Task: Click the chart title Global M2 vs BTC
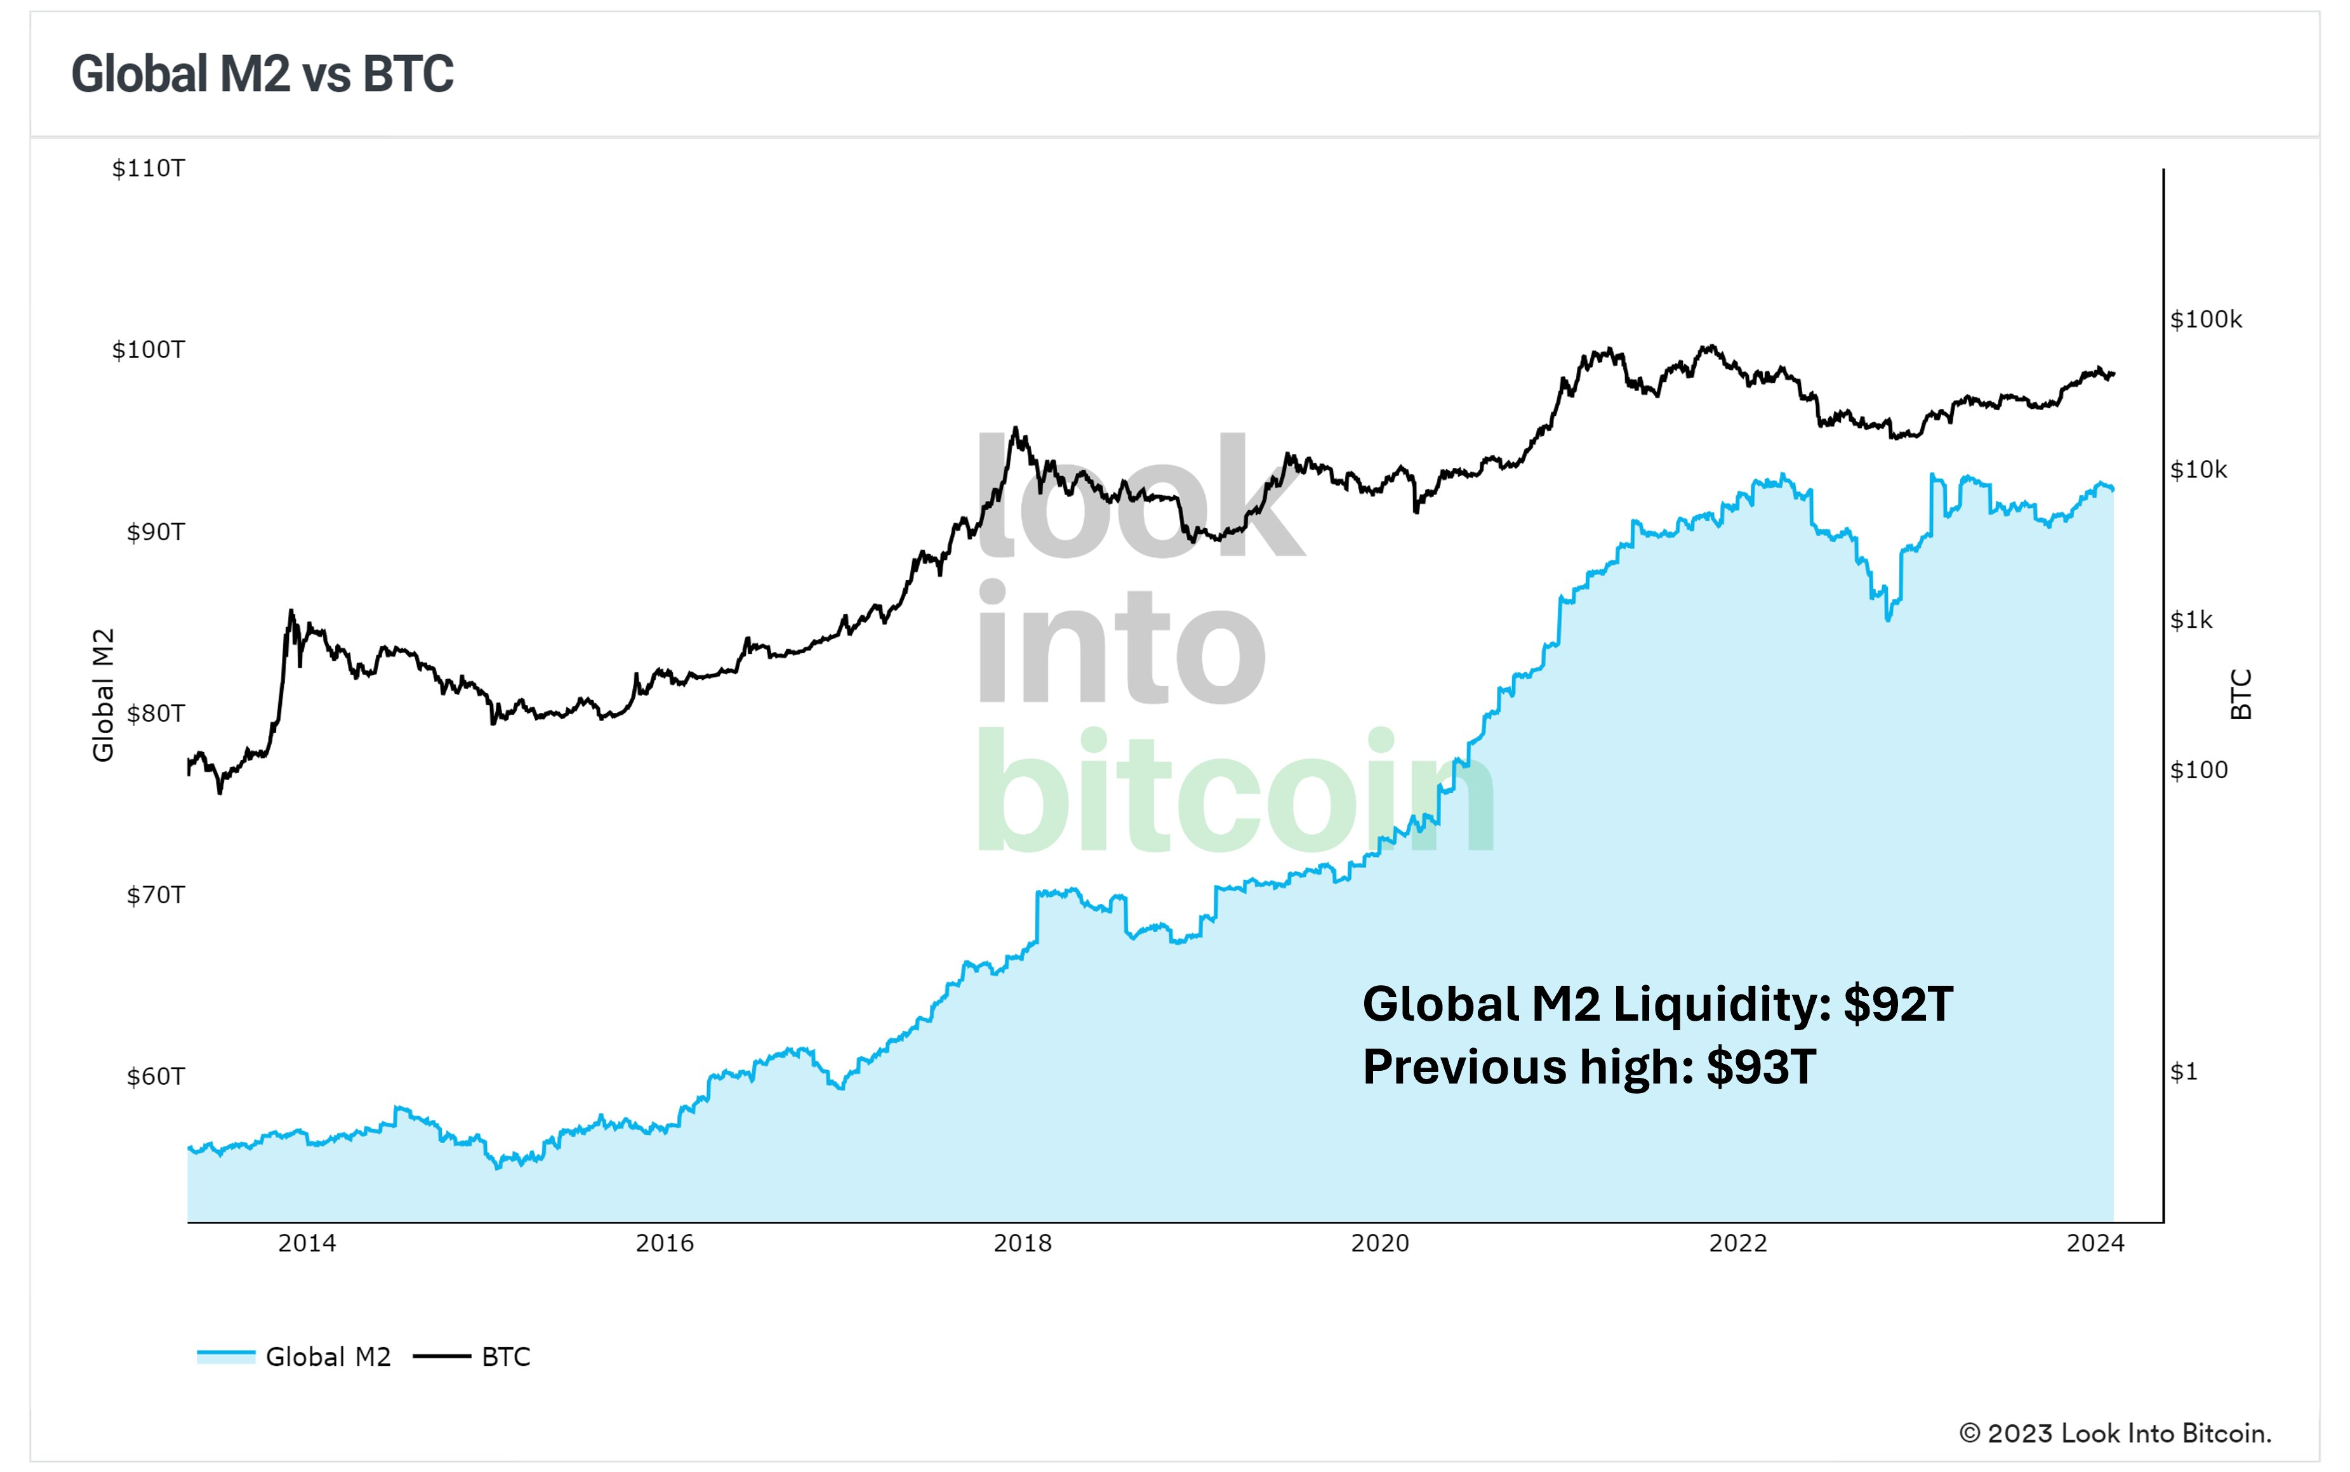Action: click(x=262, y=74)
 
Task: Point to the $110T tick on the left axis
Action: click(x=148, y=168)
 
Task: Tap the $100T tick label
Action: click(x=148, y=350)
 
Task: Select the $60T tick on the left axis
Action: click(x=155, y=1076)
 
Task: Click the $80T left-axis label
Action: click(x=155, y=713)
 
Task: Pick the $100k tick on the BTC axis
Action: click(x=2206, y=319)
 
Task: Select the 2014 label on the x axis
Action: click(x=307, y=1243)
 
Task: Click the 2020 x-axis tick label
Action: click(x=1379, y=1243)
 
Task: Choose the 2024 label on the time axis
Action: click(x=2095, y=1243)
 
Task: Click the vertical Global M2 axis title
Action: click(x=103, y=694)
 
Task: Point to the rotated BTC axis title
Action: click(x=2241, y=694)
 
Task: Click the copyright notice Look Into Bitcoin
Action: click(x=2114, y=1433)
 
